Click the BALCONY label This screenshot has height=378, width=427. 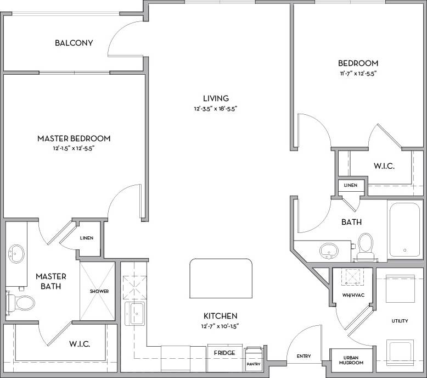(x=74, y=43)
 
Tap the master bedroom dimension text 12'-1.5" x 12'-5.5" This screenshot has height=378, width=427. (x=74, y=148)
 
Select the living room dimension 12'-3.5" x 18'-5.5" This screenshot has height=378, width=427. (x=216, y=108)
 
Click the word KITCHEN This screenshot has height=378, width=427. (x=220, y=316)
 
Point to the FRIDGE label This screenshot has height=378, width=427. (x=225, y=353)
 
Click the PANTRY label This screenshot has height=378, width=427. (x=254, y=364)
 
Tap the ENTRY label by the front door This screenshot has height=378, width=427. (x=304, y=357)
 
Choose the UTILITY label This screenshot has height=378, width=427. (x=400, y=320)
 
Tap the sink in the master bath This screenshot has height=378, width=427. (x=16, y=254)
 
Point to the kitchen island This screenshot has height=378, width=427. (x=221, y=279)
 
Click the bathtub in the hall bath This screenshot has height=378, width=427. (x=403, y=230)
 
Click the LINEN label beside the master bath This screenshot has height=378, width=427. (x=87, y=238)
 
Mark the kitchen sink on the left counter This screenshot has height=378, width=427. (x=134, y=314)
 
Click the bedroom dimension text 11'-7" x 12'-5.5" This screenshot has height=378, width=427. (x=358, y=73)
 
